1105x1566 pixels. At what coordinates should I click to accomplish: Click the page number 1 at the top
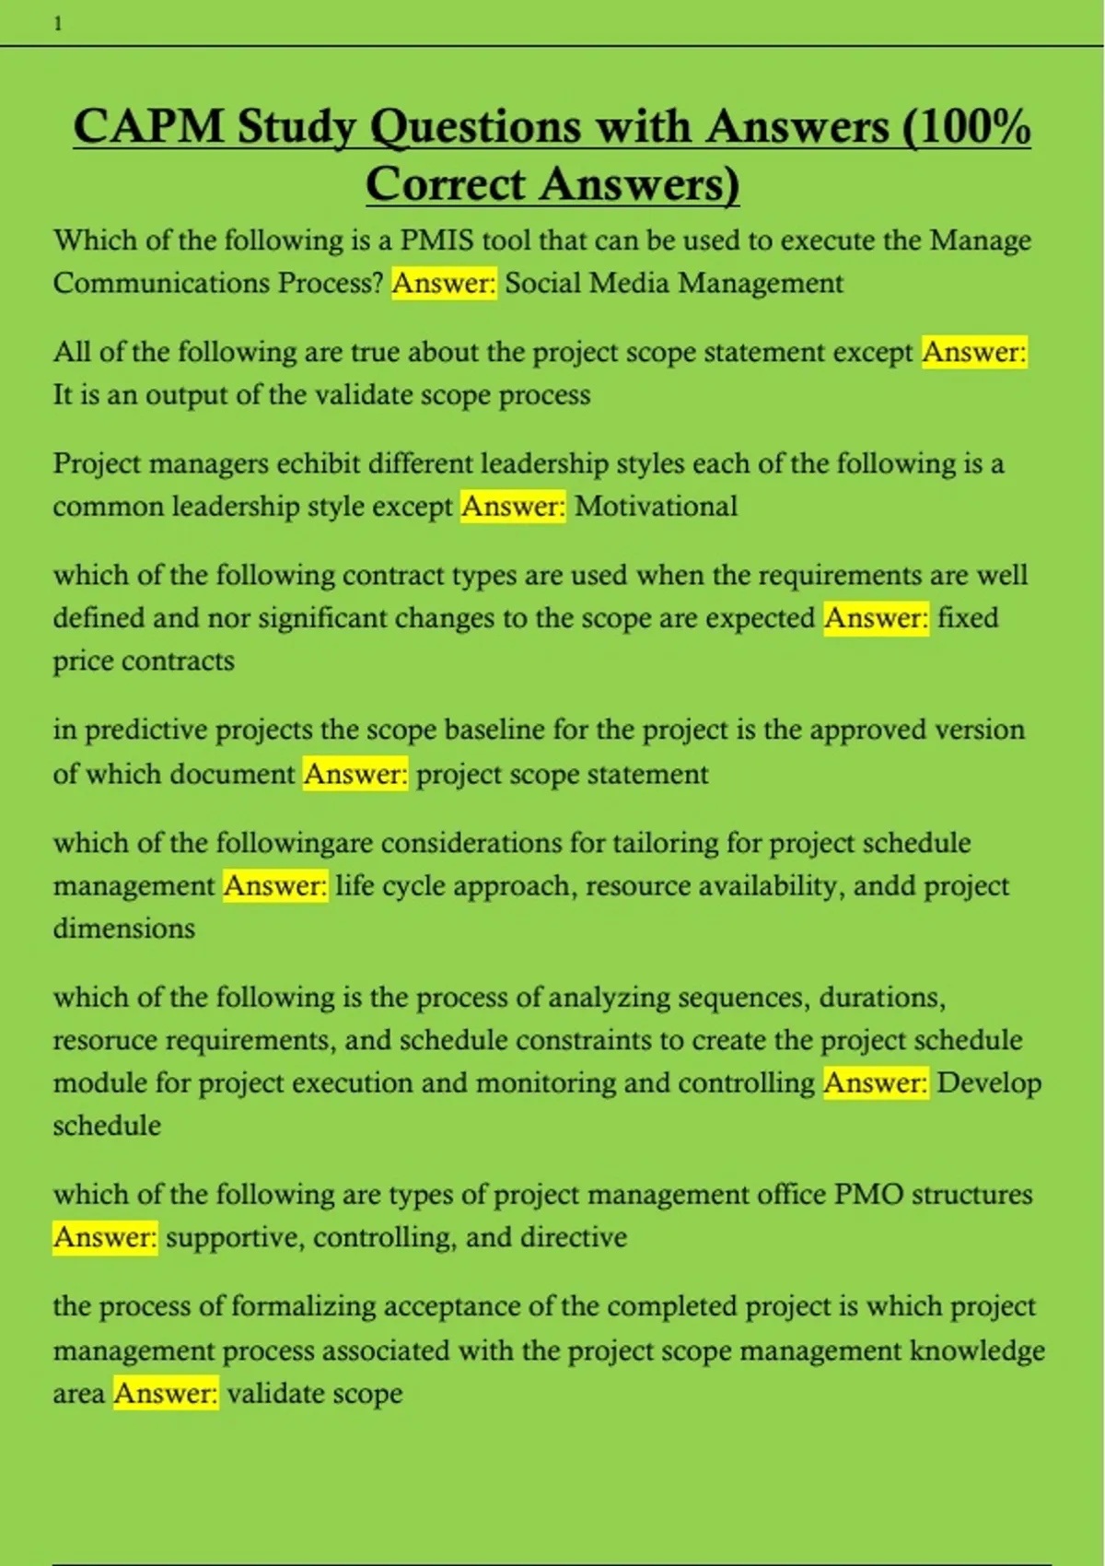(58, 25)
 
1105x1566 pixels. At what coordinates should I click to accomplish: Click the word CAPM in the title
(148, 126)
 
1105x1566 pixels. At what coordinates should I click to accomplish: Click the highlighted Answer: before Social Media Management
(444, 283)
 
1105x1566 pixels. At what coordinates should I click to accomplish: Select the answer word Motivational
(656, 506)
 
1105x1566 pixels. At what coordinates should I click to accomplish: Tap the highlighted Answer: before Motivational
(513, 506)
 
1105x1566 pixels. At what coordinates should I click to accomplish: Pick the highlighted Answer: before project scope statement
(355, 774)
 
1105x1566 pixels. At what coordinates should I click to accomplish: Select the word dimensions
(123, 928)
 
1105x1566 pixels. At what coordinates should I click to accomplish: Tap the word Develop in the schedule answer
(989, 1082)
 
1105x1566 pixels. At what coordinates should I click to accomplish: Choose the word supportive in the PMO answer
(235, 1237)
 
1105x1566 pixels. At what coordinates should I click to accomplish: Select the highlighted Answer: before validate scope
(166, 1394)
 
